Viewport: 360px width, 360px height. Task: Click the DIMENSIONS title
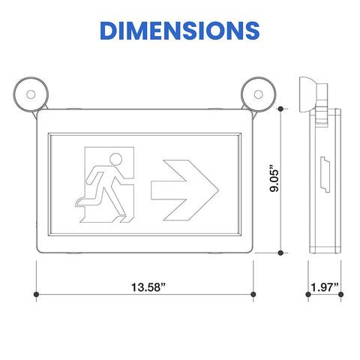click(180, 31)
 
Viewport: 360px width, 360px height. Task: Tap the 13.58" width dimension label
click(148, 287)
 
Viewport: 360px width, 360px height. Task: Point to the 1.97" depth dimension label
click(325, 287)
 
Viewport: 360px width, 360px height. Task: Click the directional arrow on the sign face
click(185, 190)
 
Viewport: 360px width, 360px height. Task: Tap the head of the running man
click(116, 159)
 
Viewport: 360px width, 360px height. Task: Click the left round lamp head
click(31, 94)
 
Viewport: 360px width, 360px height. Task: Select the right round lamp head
click(259, 94)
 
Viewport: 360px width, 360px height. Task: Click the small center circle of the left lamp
click(31, 94)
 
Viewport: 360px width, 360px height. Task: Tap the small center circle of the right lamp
click(259, 94)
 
